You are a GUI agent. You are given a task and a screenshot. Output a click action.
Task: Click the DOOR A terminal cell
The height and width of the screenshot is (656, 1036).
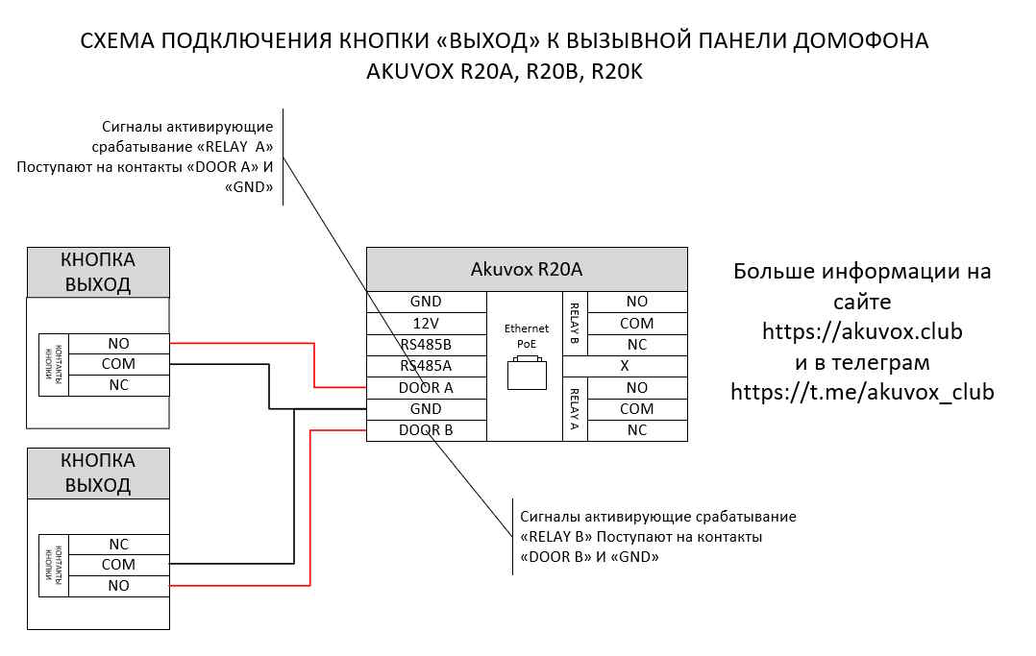tap(426, 387)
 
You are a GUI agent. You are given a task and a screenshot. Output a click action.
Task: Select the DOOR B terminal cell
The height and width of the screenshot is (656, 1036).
tap(426, 430)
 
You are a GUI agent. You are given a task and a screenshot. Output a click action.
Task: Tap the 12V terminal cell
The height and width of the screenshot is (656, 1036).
tap(426, 323)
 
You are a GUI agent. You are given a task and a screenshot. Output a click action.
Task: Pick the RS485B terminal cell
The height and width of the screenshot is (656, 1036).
tap(426, 344)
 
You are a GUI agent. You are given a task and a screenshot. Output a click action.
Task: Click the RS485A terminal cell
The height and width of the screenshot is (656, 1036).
tap(426, 365)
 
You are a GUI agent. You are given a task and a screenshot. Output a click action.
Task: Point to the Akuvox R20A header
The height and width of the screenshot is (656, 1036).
tap(527, 269)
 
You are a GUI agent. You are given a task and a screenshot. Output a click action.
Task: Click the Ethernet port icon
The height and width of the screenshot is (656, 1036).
tap(526, 373)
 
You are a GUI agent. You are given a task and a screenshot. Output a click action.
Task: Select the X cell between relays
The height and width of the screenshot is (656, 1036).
tap(625, 366)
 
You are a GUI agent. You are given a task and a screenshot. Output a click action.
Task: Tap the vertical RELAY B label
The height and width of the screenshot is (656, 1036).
tap(575, 323)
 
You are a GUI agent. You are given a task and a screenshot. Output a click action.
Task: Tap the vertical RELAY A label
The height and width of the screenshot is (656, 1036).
tap(575, 409)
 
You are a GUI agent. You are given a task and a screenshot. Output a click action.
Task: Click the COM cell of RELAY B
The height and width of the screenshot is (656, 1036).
tap(636, 324)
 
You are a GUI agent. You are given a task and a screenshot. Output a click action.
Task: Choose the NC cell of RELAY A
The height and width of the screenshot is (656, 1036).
tap(636, 430)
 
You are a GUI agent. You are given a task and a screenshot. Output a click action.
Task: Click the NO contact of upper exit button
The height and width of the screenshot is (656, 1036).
tap(119, 343)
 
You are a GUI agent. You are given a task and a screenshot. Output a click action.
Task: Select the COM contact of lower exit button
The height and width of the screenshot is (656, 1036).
tap(119, 565)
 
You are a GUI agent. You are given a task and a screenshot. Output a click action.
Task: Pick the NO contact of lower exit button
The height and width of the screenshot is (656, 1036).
tap(119, 586)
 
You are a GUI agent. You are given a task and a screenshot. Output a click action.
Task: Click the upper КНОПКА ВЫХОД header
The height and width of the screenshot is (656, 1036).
tap(98, 272)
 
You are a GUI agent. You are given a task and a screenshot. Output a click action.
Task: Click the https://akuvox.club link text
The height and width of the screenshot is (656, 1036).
tap(862, 331)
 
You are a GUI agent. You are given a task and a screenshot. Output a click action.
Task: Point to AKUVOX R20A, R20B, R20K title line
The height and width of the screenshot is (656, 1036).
tap(505, 73)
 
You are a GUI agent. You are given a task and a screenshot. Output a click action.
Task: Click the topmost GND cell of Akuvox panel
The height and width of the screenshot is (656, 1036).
tap(426, 301)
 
